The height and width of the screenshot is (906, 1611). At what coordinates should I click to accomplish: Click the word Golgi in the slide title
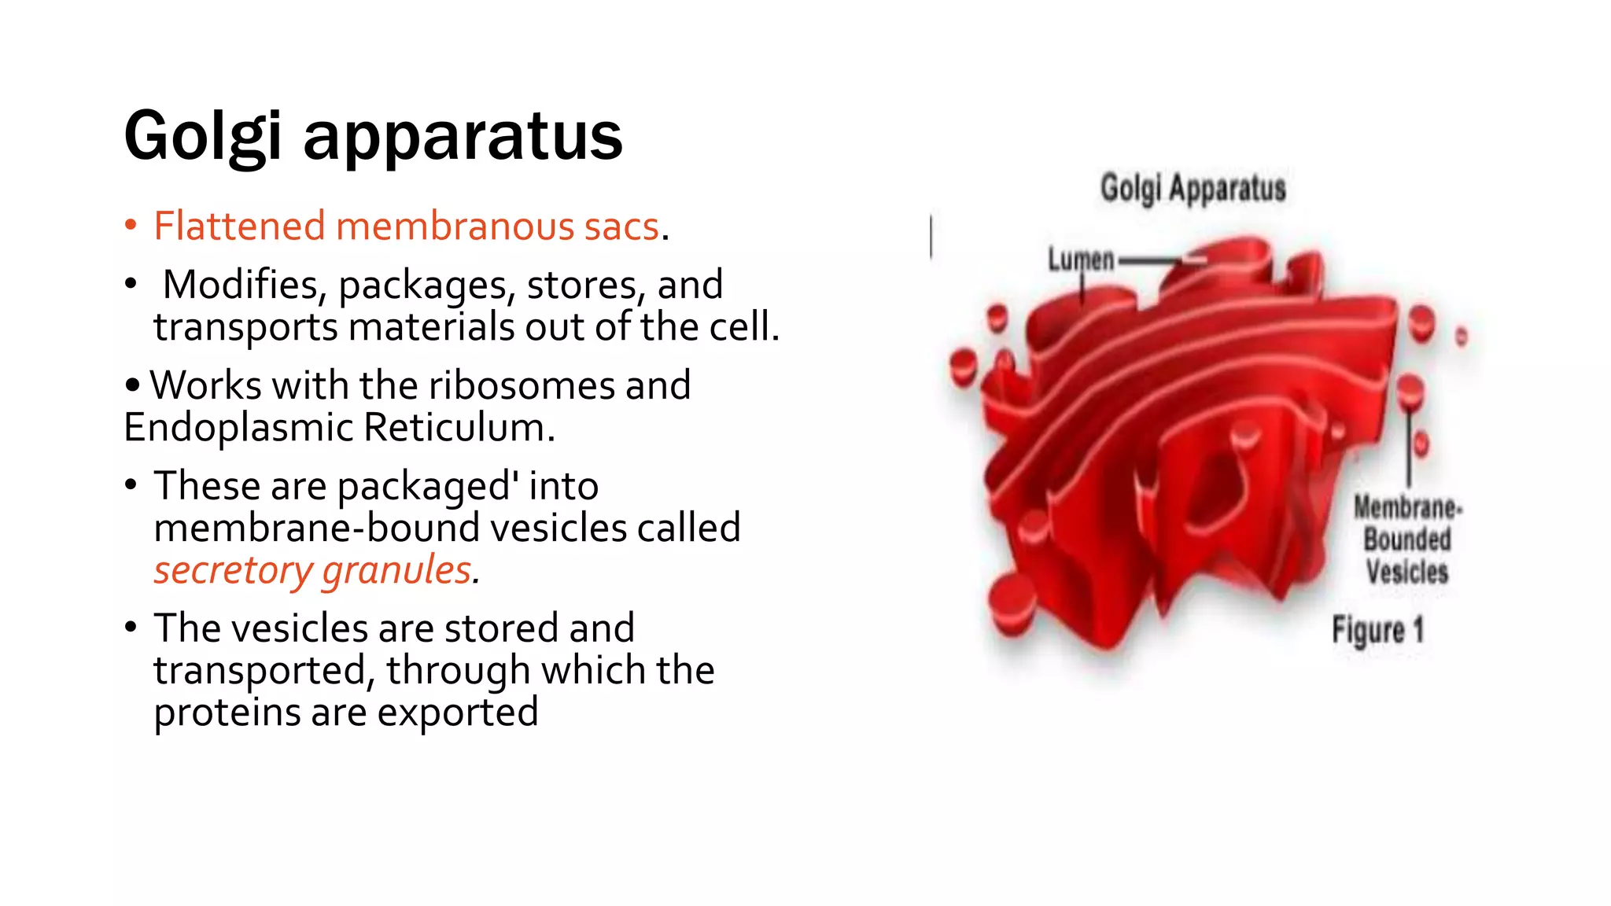[202, 137]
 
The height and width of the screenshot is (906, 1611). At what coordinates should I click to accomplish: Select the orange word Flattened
[240, 226]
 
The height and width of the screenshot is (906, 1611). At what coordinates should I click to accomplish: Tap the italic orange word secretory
[233, 570]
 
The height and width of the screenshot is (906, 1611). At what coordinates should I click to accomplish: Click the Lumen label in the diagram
[1080, 260]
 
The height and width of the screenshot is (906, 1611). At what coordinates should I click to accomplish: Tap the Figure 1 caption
[1377, 631]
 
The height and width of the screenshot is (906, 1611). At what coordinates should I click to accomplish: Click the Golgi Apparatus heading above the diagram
[1193, 189]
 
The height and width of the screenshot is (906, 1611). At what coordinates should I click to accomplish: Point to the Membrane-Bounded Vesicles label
[1406, 540]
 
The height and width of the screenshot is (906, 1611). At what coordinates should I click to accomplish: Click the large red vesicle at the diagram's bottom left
[1013, 602]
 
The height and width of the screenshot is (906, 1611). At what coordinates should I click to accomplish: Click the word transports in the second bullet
[245, 327]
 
